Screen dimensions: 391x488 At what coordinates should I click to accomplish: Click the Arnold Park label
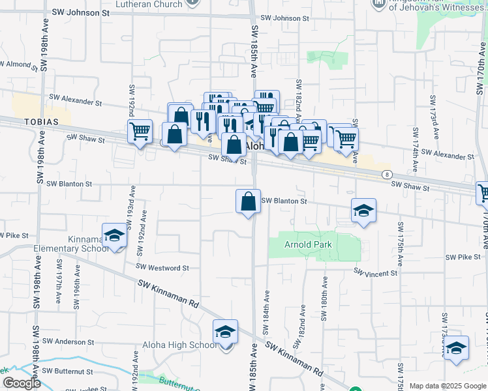point(308,245)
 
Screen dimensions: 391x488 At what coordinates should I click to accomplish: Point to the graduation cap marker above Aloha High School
point(225,332)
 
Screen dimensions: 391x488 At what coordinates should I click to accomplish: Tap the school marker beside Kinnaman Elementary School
point(114,236)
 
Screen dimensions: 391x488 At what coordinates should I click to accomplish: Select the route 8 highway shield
point(388,175)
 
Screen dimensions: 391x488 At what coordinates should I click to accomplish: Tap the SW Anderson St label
point(68,341)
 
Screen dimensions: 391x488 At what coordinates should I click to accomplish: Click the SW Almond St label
point(20,64)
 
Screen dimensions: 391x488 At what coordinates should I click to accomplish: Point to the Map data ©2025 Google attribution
point(447,386)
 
